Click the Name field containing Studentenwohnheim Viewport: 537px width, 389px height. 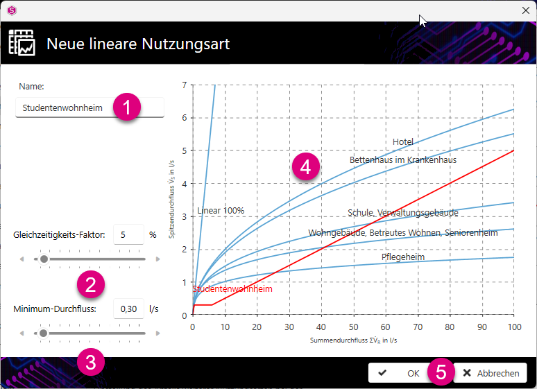(x=89, y=107)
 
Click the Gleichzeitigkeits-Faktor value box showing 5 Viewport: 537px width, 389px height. (x=128, y=234)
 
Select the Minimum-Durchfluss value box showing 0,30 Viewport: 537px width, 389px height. (x=128, y=309)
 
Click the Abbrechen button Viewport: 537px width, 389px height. (x=491, y=373)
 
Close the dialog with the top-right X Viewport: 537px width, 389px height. (x=526, y=10)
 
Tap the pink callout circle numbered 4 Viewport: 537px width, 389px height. (x=306, y=166)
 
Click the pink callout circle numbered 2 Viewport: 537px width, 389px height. (x=91, y=284)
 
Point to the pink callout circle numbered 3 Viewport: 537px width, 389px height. (x=91, y=362)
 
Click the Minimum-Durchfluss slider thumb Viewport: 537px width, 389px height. (x=43, y=334)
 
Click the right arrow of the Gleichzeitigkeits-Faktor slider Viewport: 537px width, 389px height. (x=158, y=259)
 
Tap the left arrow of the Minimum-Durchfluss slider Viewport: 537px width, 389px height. (x=22, y=334)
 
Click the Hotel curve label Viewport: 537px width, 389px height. (x=402, y=141)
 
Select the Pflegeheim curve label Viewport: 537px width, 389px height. (x=402, y=257)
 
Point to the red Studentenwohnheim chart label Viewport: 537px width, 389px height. (x=232, y=288)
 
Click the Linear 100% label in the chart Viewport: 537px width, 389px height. (x=221, y=211)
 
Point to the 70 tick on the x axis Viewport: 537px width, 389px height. (x=418, y=327)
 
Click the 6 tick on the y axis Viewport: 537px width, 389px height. (x=185, y=118)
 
